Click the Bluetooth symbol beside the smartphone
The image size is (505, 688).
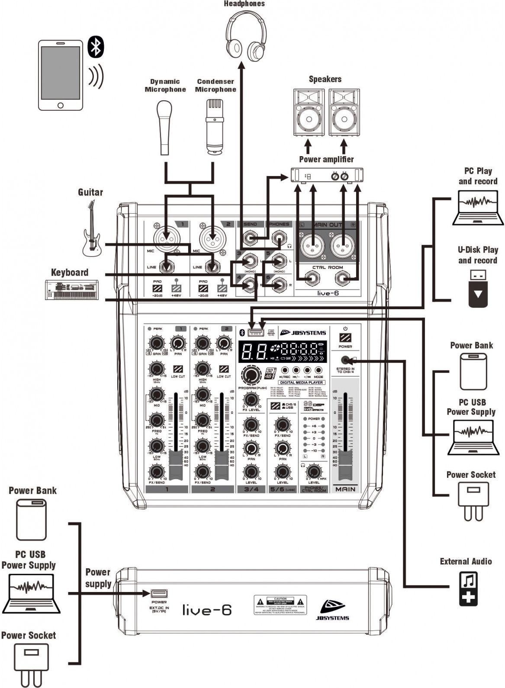[96, 47]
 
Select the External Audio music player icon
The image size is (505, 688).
[468, 588]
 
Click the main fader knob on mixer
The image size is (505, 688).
[345, 465]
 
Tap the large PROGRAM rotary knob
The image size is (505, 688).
[251, 375]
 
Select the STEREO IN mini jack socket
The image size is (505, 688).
[345, 360]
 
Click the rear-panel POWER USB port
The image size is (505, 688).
[159, 594]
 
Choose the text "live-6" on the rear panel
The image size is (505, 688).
[207, 610]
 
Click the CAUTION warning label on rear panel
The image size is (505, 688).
[280, 605]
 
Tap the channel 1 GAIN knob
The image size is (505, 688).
[155, 343]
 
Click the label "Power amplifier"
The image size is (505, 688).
[326, 159]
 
